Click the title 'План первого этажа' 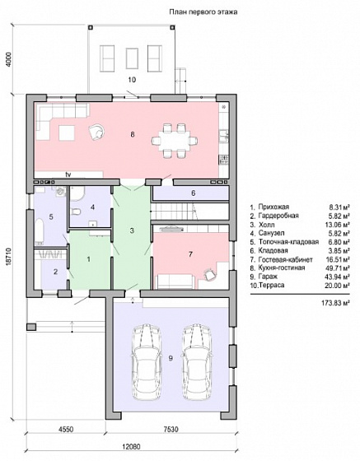pos(203,12)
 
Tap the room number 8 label pos(133,135)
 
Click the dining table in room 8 pos(175,141)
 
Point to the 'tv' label pos(68,175)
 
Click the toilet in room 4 pos(76,212)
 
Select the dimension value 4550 pos(66,430)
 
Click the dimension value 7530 pos(171,430)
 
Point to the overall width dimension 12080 pos(131,446)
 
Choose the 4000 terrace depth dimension pos(9,60)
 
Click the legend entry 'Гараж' pos(268,277)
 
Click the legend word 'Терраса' pos(272,285)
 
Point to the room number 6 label pos(194,193)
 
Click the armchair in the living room pos(96,131)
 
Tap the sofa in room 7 pos(175,282)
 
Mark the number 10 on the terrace pos(132,80)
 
